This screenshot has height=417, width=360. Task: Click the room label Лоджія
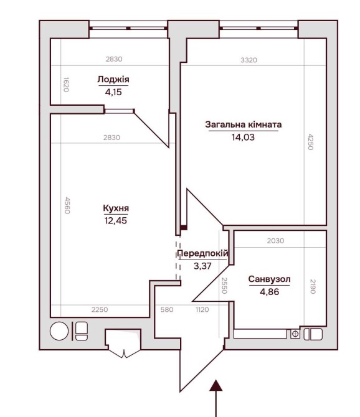pyautogui.click(x=113, y=80)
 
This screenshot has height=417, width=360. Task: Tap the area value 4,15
pyautogui.click(x=113, y=92)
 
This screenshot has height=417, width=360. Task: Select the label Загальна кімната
pyautogui.click(x=243, y=124)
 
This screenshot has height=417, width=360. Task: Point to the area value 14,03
pyautogui.click(x=243, y=137)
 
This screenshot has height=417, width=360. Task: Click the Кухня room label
pyautogui.click(x=116, y=208)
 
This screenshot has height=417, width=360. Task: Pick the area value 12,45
pyautogui.click(x=116, y=220)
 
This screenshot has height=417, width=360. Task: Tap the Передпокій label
pyautogui.click(x=203, y=253)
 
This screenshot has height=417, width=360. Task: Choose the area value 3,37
pyautogui.click(x=202, y=266)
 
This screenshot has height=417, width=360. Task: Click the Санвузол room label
pyautogui.click(x=269, y=279)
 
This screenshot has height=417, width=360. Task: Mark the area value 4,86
pyautogui.click(x=269, y=292)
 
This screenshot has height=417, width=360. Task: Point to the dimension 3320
pyautogui.click(x=249, y=60)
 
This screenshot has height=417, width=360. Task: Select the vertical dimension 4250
pyautogui.click(x=311, y=142)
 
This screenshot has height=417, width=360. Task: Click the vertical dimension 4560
pyautogui.click(x=67, y=205)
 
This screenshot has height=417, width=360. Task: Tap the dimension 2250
pyautogui.click(x=100, y=309)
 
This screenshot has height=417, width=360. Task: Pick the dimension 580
pyautogui.click(x=167, y=309)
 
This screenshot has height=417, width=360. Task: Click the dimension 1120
pyautogui.click(x=202, y=309)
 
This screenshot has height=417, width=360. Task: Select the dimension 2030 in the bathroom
pyautogui.click(x=276, y=241)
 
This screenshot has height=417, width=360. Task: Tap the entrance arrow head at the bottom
pyautogui.click(x=216, y=385)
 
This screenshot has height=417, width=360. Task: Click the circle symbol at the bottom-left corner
pyautogui.click(x=59, y=331)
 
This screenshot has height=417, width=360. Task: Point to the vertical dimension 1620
pyautogui.click(x=66, y=85)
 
